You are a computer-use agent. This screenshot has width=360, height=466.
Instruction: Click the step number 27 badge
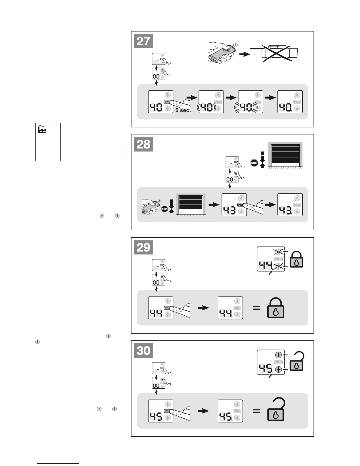(144, 41)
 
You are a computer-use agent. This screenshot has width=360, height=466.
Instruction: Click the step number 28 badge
(144, 144)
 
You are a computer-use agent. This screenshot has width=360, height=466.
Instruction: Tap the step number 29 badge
(144, 247)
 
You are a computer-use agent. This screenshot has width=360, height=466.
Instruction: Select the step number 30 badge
(144, 350)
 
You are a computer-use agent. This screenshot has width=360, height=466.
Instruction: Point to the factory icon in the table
(42, 130)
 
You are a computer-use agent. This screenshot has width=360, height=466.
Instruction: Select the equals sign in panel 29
(256, 308)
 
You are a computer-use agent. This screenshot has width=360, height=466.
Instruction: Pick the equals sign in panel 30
(256, 411)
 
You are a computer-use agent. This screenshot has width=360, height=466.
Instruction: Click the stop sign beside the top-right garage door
(254, 163)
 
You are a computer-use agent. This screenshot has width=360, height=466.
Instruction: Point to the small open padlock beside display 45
(296, 362)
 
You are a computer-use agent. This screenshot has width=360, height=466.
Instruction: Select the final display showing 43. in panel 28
(290, 205)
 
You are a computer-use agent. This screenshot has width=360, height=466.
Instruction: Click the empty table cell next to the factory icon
(91, 132)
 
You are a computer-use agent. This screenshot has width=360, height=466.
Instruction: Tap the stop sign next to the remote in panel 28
(164, 209)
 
